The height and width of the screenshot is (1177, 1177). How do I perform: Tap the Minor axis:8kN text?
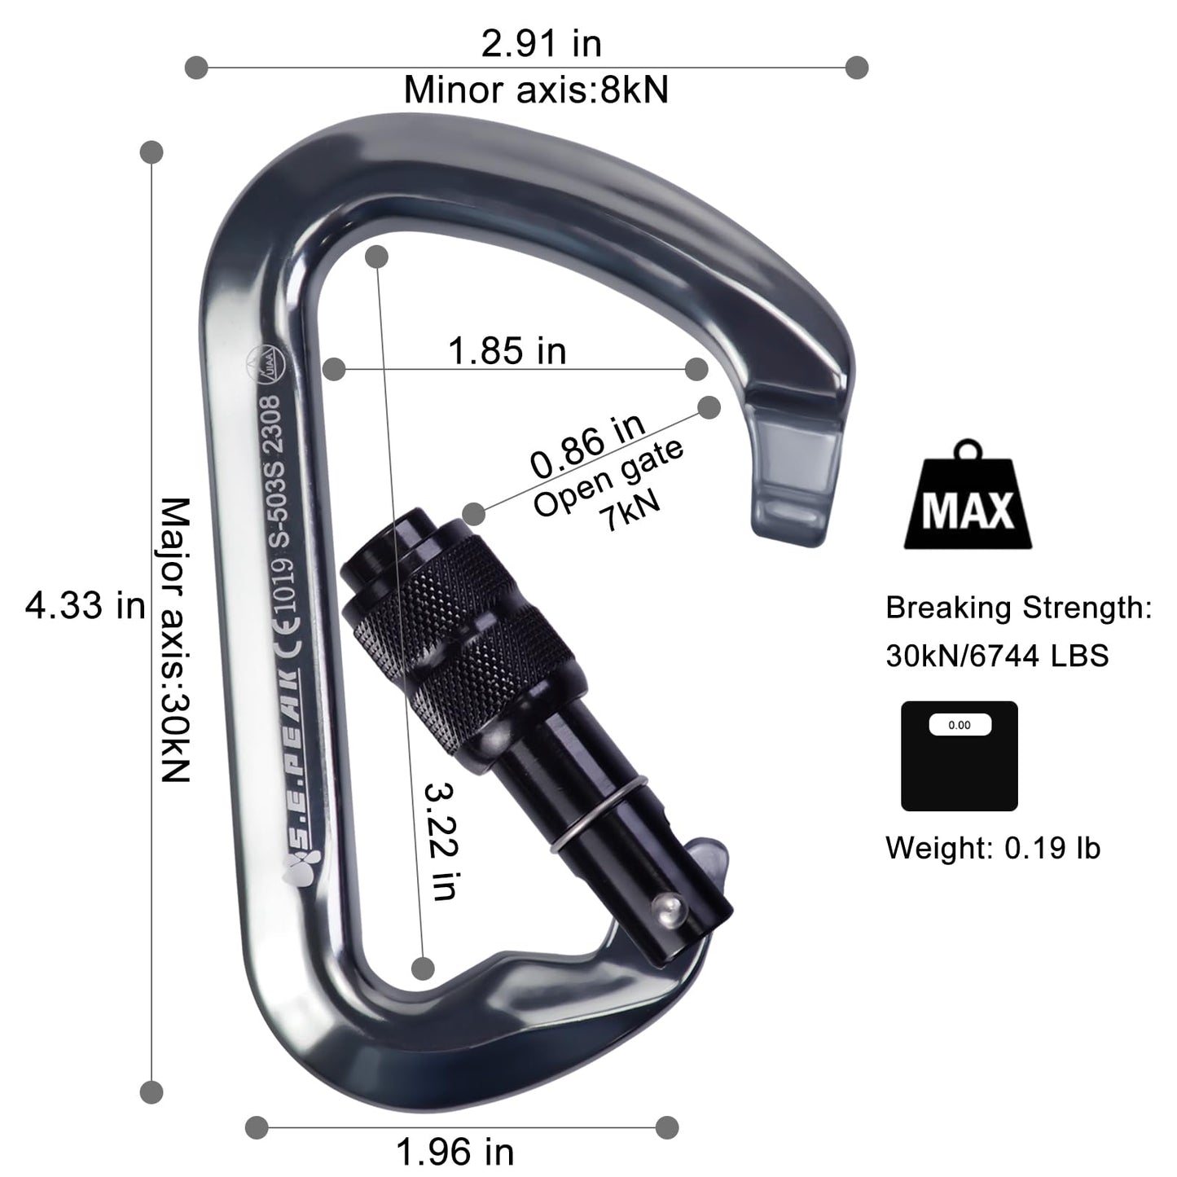coord(536,90)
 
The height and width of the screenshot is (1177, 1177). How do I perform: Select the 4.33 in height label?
coord(85,606)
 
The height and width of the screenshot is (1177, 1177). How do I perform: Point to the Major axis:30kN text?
coord(174,640)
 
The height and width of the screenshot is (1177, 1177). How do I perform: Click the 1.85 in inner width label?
coord(507,351)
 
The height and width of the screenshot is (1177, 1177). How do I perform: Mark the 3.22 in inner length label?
coord(440,841)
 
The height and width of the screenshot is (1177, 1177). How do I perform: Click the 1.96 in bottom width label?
coord(455,1152)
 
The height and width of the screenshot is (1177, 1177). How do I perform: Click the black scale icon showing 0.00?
coord(959,755)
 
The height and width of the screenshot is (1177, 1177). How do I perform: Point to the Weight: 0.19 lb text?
coord(993,848)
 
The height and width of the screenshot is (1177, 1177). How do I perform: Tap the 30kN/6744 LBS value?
coord(997,656)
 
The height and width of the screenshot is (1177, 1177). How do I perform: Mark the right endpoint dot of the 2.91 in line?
coord(856,68)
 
